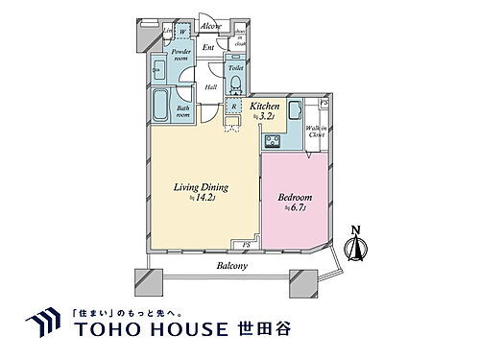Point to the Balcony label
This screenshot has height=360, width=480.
[231, 264]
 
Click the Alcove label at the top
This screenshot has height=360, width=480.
[211, 27]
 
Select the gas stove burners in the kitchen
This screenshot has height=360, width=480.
[273, 141]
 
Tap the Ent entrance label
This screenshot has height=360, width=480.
[208, 45]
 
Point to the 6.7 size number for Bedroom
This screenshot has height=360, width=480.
[297, 210]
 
